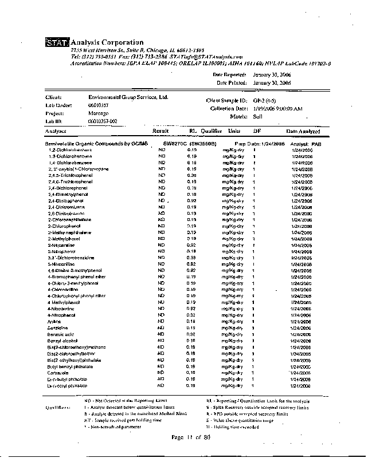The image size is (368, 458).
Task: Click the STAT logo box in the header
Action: (56, 42)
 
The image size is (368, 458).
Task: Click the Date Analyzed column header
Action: (303, 131)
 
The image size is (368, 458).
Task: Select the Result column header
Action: (160, 131)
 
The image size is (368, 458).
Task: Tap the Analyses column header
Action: (56, 131)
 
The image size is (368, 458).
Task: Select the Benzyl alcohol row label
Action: (62, 339)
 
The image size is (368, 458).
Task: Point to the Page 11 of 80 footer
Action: (192, 437)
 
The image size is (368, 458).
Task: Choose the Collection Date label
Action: (229, 108)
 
